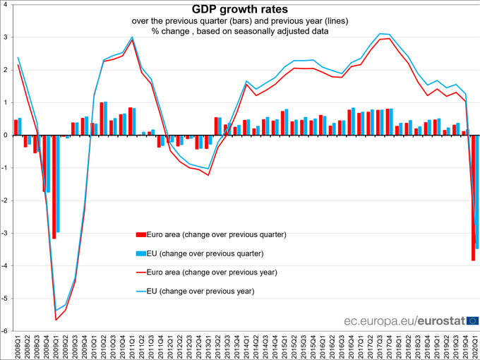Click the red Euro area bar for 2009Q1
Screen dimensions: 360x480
tap(54, 187)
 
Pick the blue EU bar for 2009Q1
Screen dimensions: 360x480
tap(58, 184)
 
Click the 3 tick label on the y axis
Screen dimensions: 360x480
tap(6, 37)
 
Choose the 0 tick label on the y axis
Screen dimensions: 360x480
tap(6, 135)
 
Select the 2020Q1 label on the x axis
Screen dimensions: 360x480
tap(475, 347)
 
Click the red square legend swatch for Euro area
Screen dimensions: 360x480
tap(140, 234)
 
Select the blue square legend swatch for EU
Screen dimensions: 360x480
tap(140, 253)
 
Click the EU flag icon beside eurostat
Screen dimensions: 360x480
tap(471, 320)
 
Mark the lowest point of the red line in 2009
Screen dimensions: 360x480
tap(56, 320)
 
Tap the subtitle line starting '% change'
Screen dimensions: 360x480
tap(239, 32)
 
